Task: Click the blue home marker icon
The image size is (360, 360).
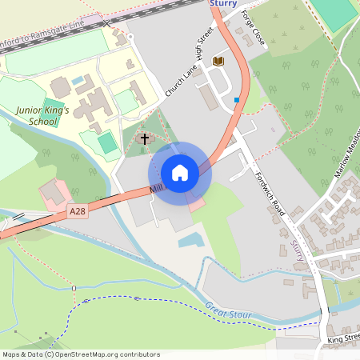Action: (x=180, y=173)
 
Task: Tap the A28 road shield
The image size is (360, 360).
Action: (x=78, y=211)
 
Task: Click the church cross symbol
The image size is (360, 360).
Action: (x=145, y=139)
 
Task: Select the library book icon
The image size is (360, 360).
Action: (x=218, y=61)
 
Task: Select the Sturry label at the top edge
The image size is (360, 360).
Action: (x=224, y=4)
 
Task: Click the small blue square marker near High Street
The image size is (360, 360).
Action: (x=237, y=100)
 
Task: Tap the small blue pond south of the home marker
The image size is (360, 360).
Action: (x=190, y=239)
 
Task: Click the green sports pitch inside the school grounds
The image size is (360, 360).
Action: (x=107, y=142)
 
